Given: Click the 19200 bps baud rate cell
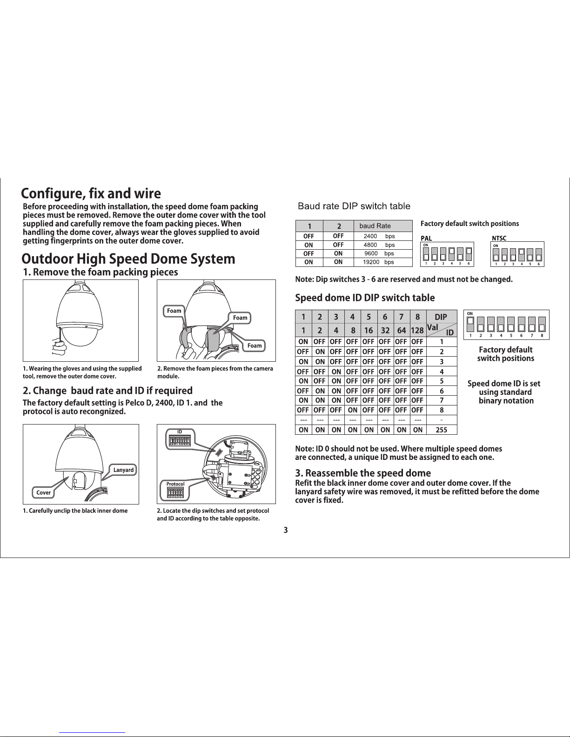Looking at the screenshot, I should tap(378, 262).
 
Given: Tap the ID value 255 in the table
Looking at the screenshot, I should tap(441, 430).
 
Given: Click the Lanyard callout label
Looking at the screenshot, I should tap(123, 470).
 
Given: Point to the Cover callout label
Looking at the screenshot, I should tap(44, 492).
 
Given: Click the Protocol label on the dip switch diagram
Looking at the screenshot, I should tap(175, 484).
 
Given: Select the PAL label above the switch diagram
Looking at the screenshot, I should tap(426, 239).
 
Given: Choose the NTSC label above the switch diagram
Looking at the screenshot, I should tap(499, 239).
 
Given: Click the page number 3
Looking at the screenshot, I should tap(286, 530).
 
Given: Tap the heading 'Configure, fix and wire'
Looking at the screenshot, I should tap(91, 193).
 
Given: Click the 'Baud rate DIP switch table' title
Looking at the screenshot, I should tap(354, 206).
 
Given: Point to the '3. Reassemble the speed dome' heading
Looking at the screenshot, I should tap(363, 473).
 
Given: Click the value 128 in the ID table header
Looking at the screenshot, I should tap(417, 331).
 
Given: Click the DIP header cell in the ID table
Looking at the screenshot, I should tap(441, 317).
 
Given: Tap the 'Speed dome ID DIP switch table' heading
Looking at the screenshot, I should tap(365, 298).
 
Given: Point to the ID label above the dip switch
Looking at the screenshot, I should tap(179, 432).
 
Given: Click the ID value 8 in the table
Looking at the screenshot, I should tap(441, 410).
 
